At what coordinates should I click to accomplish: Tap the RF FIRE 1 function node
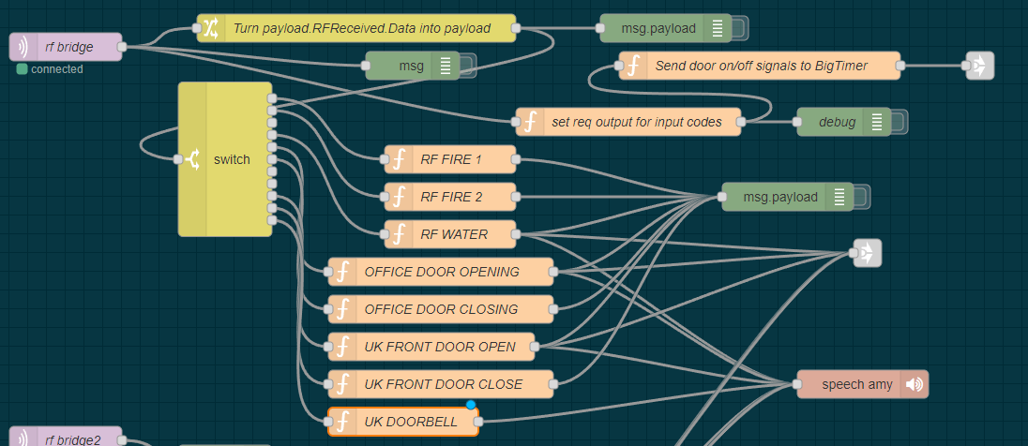pyautogui.click(x=450, y=159)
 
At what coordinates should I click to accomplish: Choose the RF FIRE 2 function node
pyautogui.click(x=450, y=197)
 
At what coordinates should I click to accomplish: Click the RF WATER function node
pyautogui.click(x=450, y=234)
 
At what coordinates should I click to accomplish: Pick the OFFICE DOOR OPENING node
pyautogui.click(x=441, y=272)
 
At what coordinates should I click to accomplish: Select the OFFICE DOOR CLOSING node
pyautogui.click(x=441, y=309)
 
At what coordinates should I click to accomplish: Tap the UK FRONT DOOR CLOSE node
pyautogui.click(x=441, y=384)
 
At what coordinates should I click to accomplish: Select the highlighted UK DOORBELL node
pyautogui.click(x=403, y=422)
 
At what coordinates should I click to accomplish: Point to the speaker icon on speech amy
pyautogui.click(x=915, y=384)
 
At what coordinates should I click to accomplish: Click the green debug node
pyautogui.click(x=837, y=122)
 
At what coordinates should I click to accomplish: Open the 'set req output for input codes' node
pyautogui.click(x=628, y=122)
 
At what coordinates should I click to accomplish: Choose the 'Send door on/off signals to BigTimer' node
pyautogui.click(x=760, y=66)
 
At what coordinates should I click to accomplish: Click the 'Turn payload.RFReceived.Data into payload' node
pyautogui.click(x=356, y=28)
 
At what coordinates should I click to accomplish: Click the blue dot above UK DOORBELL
pyautogui.click(x=472, y=405)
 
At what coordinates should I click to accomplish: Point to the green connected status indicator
pyautogui.click(x=23, y=69)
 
